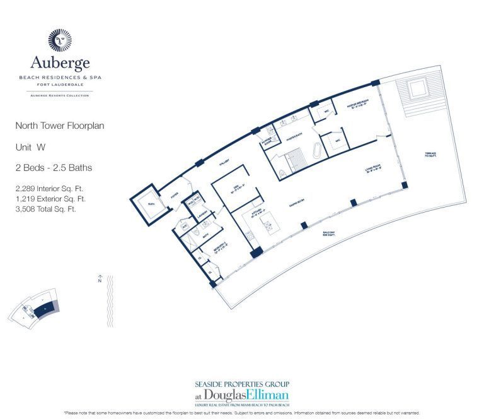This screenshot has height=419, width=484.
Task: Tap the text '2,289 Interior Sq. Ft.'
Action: click(49, 188)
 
